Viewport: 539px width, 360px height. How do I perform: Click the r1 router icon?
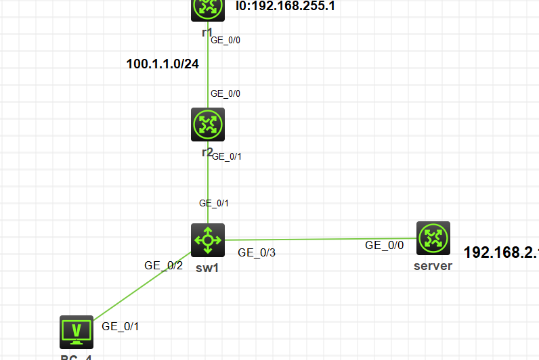click(x=207, y=8)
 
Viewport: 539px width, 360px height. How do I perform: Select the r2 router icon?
click(x=207, y=125)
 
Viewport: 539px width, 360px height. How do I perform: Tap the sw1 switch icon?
click(x=207, y=240)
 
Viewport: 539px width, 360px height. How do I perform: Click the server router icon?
click(x=433, y=238)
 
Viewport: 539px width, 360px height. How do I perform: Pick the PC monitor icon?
click(x=76, y=331)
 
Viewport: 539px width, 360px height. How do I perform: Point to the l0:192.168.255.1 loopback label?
click(x=285, y=7)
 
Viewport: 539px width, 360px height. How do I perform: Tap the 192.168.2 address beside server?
click(x=500, y=252)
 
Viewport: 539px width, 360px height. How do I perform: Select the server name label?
click(x=433, y=266)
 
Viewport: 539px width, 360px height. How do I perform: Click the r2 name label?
click(x=208, y=152)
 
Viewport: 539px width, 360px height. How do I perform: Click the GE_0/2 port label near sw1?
click(x=163, y=265)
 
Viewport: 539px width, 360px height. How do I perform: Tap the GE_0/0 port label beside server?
click(x=384, y=246)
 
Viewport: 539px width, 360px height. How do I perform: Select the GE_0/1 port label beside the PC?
click(x=121, y=326)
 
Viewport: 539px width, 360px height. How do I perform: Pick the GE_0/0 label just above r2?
click(x=225, y=93)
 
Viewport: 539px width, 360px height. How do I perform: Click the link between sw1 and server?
click(x=318, y=239)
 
